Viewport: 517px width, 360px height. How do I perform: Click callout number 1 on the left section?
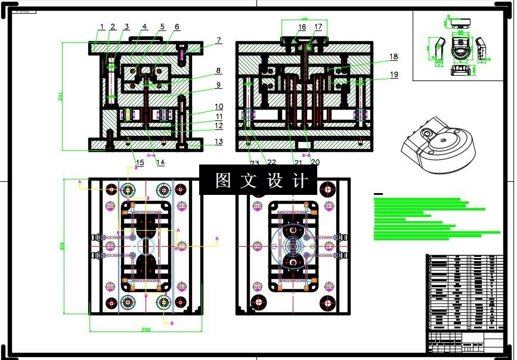(102, 27)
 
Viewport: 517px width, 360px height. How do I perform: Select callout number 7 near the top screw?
(219, 41)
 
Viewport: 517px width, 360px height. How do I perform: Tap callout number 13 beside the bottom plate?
(219, 142)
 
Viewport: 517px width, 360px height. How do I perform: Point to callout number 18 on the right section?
(394, 57)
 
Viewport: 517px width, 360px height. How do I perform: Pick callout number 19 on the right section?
(394, 75)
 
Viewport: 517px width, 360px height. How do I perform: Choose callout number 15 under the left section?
(140, 162)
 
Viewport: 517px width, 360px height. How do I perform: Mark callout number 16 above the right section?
(302, 27)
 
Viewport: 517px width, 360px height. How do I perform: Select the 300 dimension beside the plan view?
(63, 246)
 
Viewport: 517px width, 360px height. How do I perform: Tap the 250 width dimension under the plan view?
(146, 330)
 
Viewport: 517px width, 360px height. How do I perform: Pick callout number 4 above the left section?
(144, 27)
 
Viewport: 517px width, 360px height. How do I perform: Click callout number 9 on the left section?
(219, 85)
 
